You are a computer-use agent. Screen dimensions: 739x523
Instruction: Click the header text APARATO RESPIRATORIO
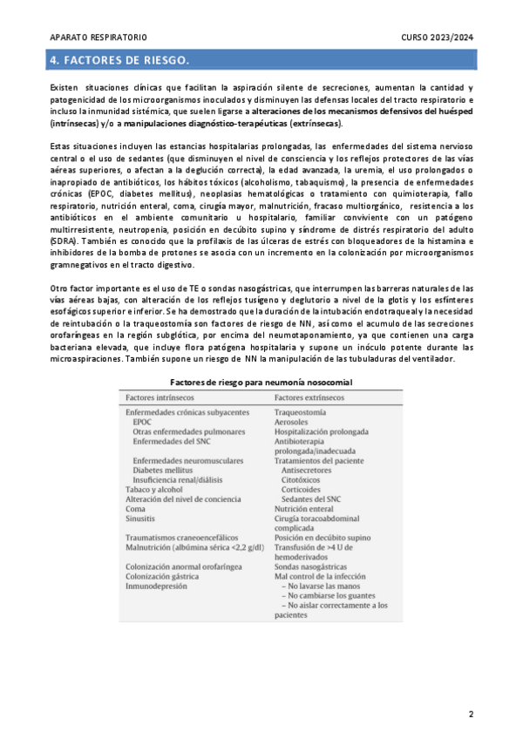pyautogui.click(x=98, y=38)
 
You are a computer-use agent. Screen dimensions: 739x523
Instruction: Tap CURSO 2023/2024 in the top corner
pyautogui.click(x=438, y=38)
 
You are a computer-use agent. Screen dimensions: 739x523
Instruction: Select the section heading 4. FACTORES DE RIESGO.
pyautogui.click(x=119, y=60)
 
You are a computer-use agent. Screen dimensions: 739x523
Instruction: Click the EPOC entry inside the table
pyautogui.click(x=143, y=421)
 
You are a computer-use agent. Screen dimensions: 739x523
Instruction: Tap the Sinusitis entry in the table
pyautogui.click(x=141, y=519)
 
